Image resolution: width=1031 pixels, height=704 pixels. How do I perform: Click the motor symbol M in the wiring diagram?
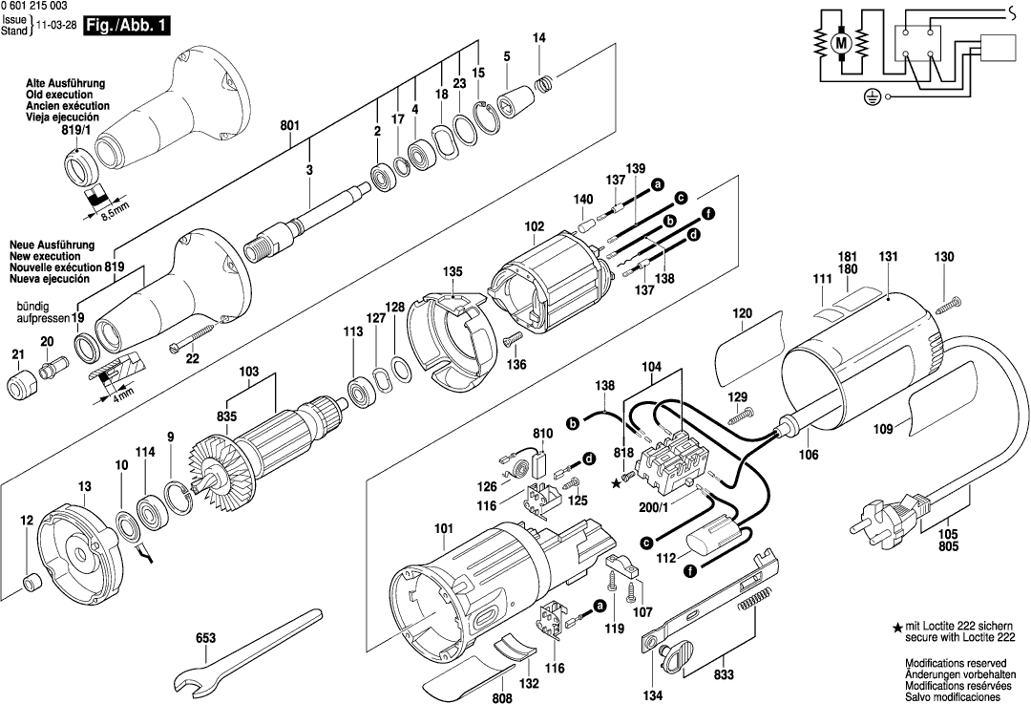[x=841, y=42]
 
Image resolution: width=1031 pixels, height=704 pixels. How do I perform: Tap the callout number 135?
[x=452, y=271]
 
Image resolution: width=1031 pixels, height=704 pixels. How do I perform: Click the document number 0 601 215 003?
[x=42, y=6]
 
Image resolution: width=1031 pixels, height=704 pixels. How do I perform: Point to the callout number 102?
[x=534, y=226]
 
